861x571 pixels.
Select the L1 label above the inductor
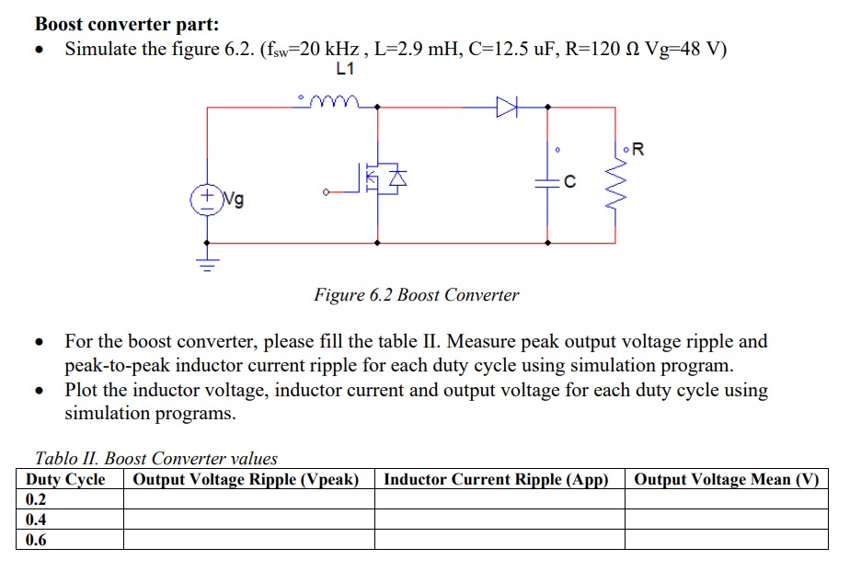[x=345, y=69]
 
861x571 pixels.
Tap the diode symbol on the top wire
[x=507, y=108]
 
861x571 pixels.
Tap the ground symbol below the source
[x=206, y=264]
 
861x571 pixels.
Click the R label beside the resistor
[x=638, y=150]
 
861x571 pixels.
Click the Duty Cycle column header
[x=65, y=480]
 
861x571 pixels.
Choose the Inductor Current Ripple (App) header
[x=497, y=480]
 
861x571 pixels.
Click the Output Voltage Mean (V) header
[x=726, y=480]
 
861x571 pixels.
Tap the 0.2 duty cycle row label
[x=36, y=499]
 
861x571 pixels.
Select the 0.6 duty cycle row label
[x=36, y=540]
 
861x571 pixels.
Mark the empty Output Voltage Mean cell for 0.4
[x=726, y=520]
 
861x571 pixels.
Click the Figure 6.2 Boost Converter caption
[x=416, y=295]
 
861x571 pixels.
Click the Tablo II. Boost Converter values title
[x=155, y=458]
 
